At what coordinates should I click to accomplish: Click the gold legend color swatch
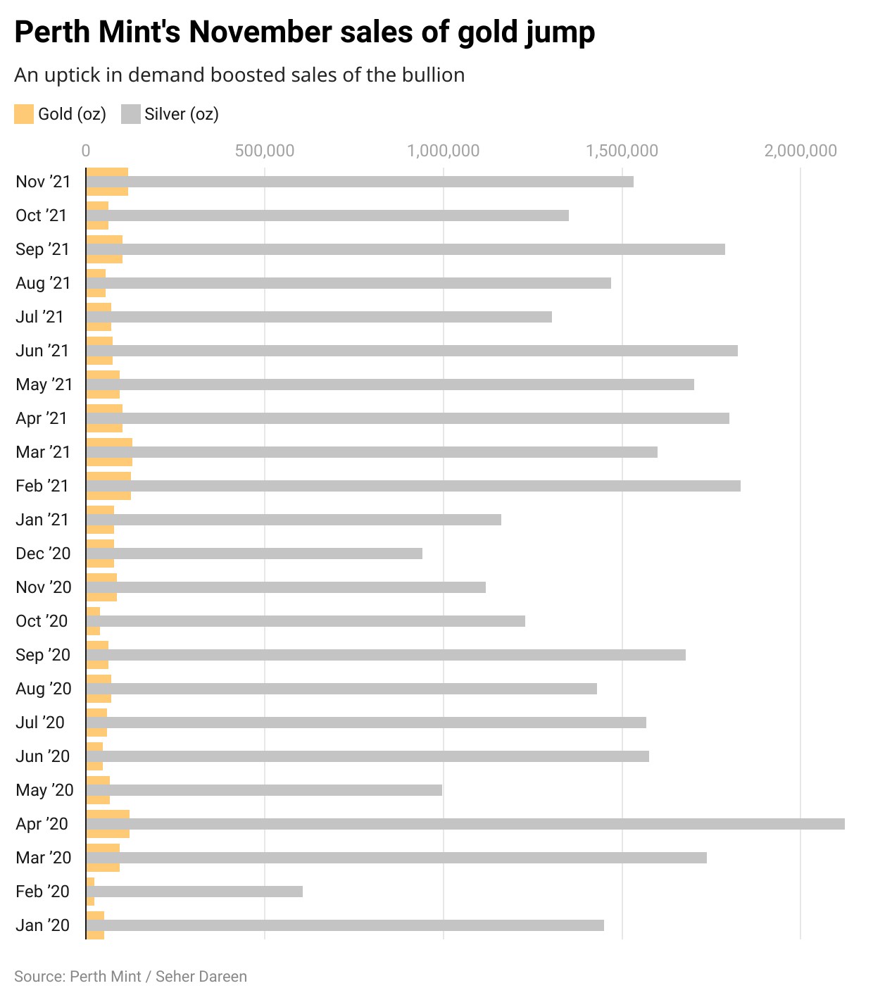coord(24,114)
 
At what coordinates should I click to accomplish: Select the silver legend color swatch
coord(131,114)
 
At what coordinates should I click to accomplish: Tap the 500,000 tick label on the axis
coord(265,151)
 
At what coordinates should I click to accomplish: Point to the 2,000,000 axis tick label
coord(800,151)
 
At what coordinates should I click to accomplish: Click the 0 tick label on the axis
coord(86,151)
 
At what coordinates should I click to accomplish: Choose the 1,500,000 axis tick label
coord(622,151)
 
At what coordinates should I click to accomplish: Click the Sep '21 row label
coord(43,249)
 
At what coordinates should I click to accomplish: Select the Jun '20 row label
coord(43,756)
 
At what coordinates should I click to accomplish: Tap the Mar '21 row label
coord(43,452)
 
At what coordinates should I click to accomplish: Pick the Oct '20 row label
coord(42,621)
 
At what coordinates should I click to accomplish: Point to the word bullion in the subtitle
coord(433,75)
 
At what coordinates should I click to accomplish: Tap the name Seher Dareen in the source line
coord(201,977)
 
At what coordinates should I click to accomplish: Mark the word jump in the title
coord(560,33)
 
